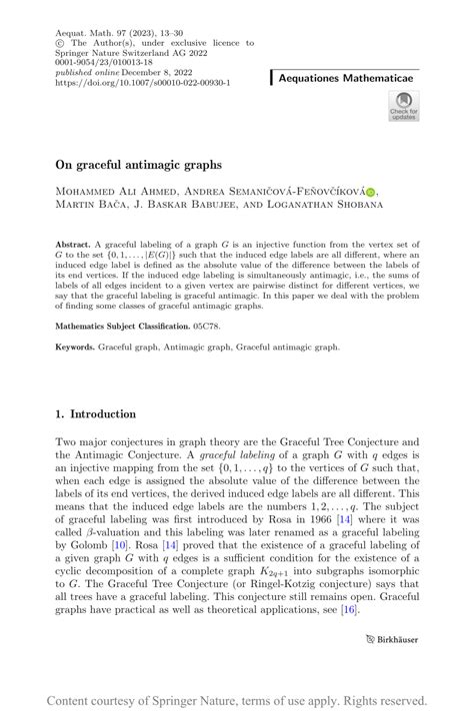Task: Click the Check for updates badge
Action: coord(404,107)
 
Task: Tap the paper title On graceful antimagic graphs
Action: coord(139,165)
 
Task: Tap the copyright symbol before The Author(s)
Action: coord(60,43)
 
